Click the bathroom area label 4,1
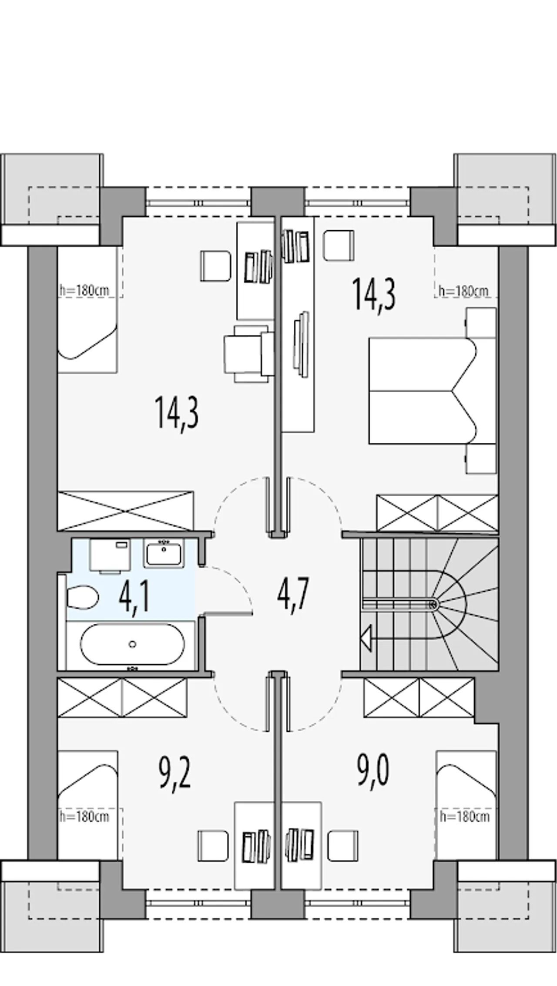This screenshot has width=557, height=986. [x=134, y=598]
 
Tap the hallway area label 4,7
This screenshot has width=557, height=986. [x=293, y=596]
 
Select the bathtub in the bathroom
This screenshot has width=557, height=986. [x=132, y=644]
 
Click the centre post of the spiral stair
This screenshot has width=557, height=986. [x=433, y=604]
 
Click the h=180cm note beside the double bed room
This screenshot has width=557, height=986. [x=463, y=291]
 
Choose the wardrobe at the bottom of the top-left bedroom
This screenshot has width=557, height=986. [x=125, y=511]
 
